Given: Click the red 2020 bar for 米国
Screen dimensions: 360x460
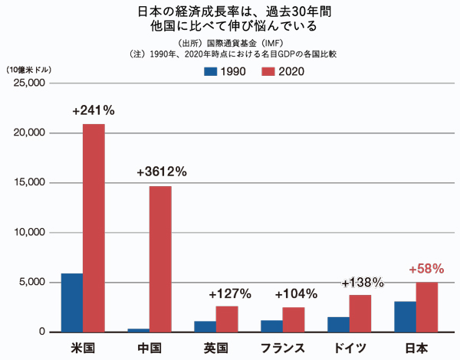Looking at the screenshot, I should coord(94,227).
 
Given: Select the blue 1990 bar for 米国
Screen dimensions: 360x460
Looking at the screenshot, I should coord(71,303).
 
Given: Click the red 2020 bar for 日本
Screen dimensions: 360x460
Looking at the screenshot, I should coord(426,307).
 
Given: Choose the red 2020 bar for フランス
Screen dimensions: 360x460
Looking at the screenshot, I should coord(294,319).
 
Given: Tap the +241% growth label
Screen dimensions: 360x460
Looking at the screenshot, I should coord(94,110).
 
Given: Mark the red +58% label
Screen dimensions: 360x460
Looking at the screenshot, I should coord(427,270).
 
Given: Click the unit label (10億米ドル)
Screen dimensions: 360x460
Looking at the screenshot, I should coord(28,69).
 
